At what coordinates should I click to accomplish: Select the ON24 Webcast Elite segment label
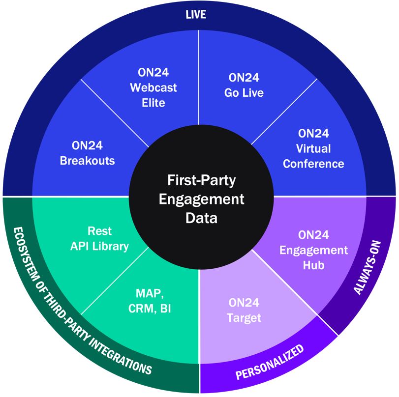click(153, 88)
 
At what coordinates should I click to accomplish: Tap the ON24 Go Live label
click(244, 85)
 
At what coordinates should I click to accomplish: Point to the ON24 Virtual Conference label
click(313, 148)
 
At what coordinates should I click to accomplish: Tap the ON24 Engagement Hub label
click(313, 250)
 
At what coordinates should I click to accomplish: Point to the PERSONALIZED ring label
click(269, 364)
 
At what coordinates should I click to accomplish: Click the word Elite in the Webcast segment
click(153, 103)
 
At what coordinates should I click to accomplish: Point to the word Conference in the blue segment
click(313, 163)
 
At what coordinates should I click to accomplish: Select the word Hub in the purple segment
click(313, 265)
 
